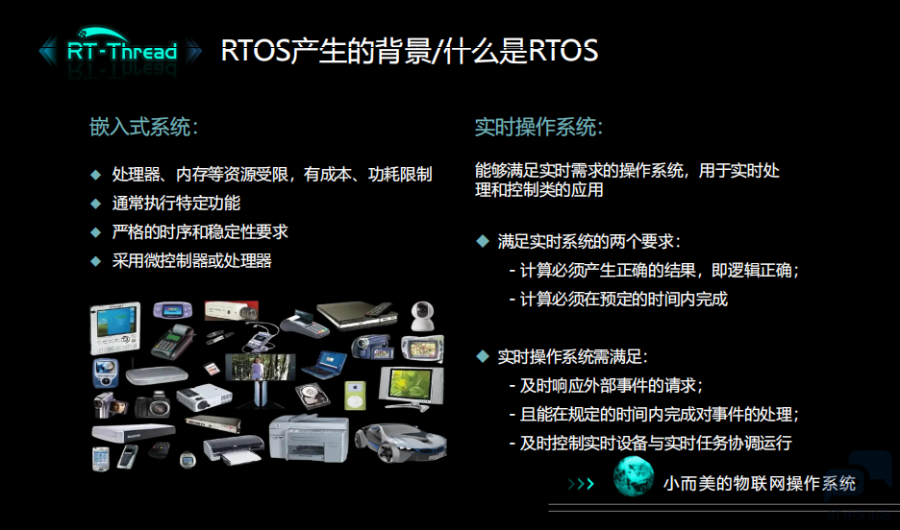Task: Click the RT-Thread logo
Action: coord(120,51)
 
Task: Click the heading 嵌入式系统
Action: coord(143,127)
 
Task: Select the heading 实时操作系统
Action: coord(538,127)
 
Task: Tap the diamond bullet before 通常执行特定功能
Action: coord(96,203)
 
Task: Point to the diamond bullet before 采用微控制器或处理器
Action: coord(96,261)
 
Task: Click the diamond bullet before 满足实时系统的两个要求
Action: coord(482,241)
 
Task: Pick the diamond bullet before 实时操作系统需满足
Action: coord(482,356)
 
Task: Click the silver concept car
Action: coord(401,442)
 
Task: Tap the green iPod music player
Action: coord(355,396)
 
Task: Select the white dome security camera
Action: coord(422,316)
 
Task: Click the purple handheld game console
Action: coord(172,310)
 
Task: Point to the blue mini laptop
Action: coord(326,365)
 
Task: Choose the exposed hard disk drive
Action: coord(312,396)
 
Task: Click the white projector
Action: coord(204,397)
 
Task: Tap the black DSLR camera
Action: coord(153,405)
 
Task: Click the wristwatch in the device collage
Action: coord(187,459)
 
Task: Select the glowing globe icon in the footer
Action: coord(633,477)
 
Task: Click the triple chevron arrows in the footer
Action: coord(581,484)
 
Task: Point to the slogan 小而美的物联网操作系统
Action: coord(760,484)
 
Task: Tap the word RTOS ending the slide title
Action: coord(563,51)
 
